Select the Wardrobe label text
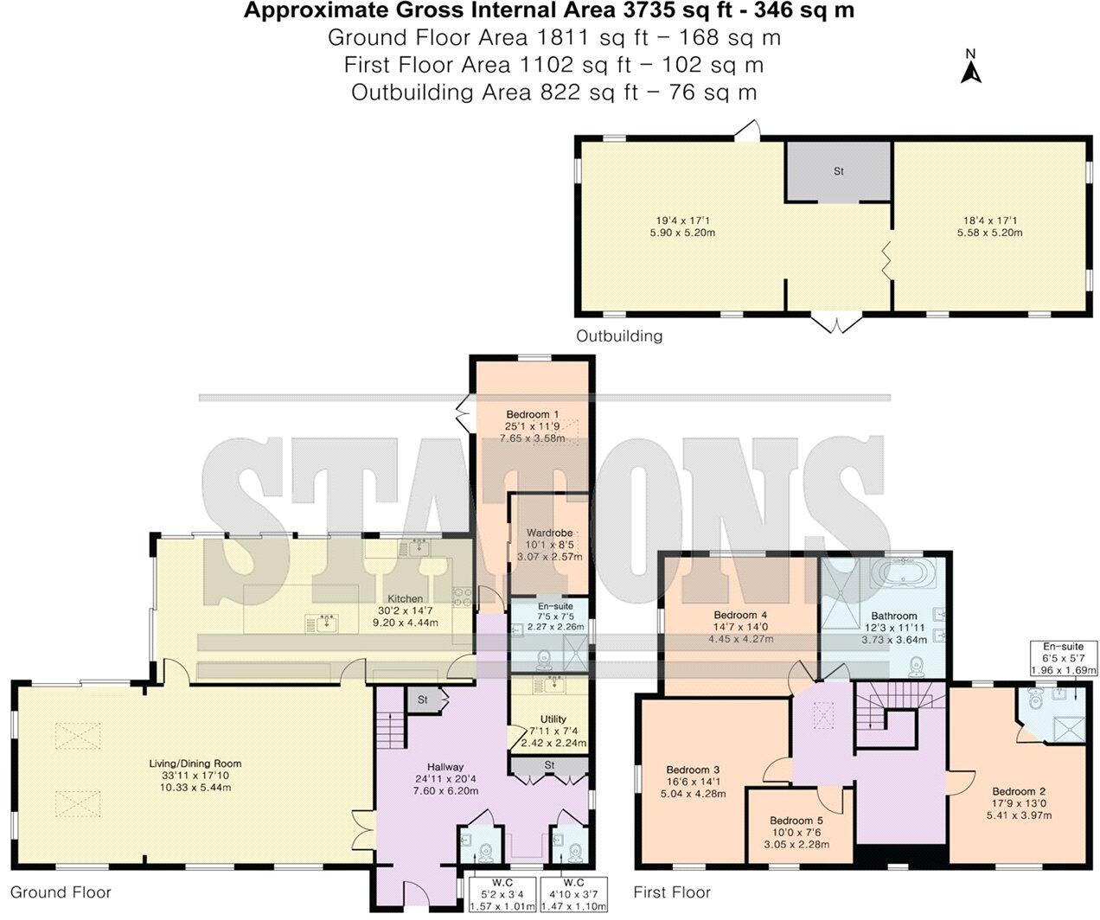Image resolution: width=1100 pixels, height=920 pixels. [x=549, y=533]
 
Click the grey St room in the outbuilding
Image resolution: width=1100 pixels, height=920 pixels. [x=838, y=171]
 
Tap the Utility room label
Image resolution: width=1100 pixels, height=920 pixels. [x=553, y=719]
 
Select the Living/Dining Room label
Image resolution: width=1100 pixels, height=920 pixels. [x=194, y=763]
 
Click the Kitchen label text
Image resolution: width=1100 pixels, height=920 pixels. [x=405, y=598]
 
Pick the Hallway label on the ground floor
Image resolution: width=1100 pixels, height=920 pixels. [x=445, y=766]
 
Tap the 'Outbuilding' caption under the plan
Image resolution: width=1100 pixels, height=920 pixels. [x=619, y=336]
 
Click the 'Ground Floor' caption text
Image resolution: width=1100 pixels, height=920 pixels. [x=61, y=892]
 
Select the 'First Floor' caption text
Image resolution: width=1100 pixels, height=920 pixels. [x=672, y=892]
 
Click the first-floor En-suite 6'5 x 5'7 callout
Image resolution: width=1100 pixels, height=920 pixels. [x=1063, y=658]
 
